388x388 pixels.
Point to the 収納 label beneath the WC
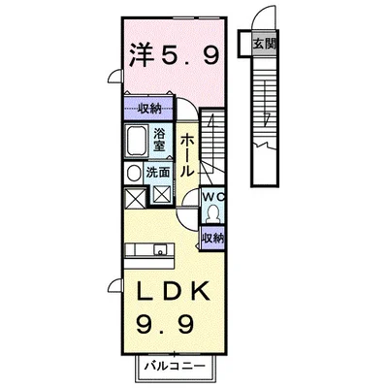click(213, 238)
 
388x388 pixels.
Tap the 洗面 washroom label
click(159, 172)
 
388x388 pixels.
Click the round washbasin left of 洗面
click(134, 173)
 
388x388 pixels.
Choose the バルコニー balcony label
click(177, 368)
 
